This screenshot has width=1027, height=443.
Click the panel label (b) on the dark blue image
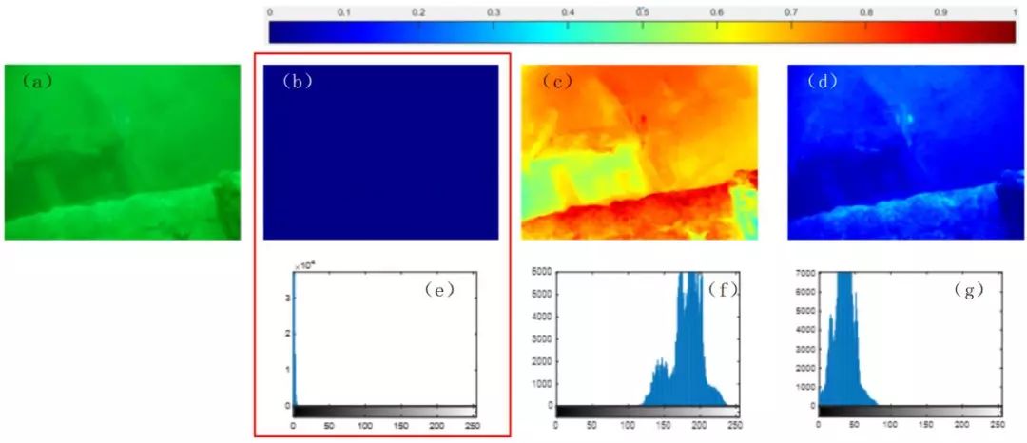(x=298, y=81)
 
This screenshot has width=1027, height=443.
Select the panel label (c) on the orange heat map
(x=556, y=81)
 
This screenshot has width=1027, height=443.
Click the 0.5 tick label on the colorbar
(x=643, y=12)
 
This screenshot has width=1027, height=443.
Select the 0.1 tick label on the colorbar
(x=344, y=12)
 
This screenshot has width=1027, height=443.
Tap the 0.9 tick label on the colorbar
(x=940, y=12)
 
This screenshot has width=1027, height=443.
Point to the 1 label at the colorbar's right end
(x=1016, y=12)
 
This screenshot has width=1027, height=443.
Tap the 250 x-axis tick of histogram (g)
(x=996, y=422)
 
